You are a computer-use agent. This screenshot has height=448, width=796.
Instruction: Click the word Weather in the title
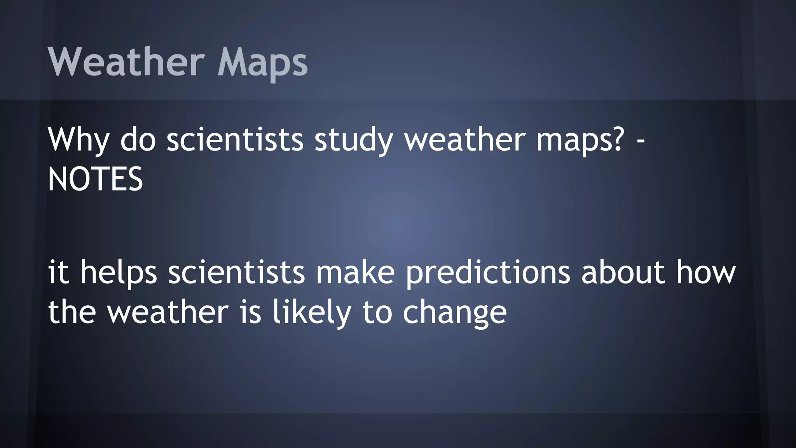tap(126, 62)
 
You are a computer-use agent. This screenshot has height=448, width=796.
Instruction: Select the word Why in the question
tap(78, 140)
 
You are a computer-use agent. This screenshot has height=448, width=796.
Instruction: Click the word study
tap(353, 140)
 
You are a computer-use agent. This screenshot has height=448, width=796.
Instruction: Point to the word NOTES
tap(95, 179)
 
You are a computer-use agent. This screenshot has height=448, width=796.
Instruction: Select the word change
tap(454, 313)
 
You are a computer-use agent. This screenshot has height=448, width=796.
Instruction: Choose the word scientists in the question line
tap(235, 140)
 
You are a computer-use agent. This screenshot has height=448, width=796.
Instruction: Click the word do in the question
tap(138, 140)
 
